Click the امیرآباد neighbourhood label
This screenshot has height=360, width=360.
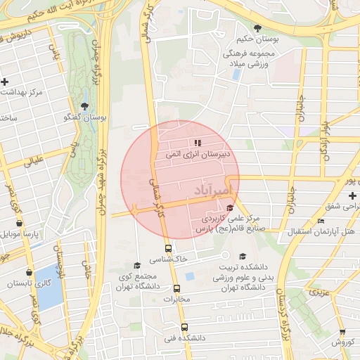210,191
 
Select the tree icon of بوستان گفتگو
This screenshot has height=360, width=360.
84,106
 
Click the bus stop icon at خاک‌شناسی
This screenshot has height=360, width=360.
167,248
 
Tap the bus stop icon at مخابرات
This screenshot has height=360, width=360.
176,288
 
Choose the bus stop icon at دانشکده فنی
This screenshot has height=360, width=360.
184,327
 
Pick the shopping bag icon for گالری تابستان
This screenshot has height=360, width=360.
28,272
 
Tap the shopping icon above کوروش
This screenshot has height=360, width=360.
342,332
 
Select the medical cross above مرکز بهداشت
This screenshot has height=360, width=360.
6,82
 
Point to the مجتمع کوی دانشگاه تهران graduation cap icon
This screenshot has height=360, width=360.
137,265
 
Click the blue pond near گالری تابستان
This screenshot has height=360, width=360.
50,288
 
